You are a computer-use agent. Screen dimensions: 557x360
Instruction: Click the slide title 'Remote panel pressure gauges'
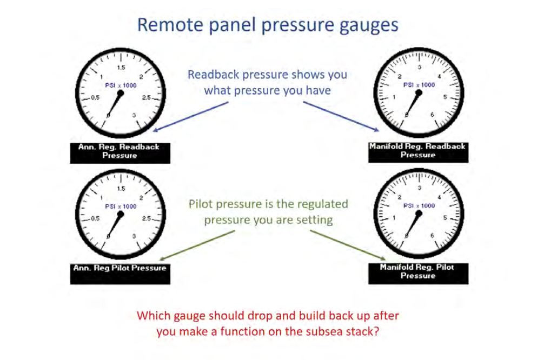point(268,25)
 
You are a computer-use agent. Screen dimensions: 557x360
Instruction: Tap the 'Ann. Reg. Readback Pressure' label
point(120,153)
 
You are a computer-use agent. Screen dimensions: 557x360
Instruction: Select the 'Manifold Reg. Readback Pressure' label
point(418,152)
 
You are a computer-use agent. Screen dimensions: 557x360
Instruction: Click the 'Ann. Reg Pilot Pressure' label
point(120,274)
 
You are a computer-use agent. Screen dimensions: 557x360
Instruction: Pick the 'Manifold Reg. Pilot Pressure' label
point(418,274)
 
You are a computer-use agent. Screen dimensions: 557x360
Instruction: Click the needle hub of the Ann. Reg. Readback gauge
point(121,94)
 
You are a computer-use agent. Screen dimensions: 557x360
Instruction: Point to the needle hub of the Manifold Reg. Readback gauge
point(419,93)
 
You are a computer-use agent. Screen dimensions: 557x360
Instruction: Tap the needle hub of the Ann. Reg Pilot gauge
point(121,215)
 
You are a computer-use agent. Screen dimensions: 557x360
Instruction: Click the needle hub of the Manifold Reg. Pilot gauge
point(419,214)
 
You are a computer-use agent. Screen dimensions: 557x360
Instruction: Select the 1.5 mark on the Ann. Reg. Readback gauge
point(121,68)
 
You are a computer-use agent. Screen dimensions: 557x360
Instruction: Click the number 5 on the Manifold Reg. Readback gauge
point(445,97)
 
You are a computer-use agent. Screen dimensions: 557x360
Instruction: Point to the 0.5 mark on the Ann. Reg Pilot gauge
point(95,218)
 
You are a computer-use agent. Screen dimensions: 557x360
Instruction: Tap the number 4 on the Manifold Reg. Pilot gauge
point(440,197)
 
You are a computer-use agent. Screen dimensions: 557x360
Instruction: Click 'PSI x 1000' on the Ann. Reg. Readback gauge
point(121,85)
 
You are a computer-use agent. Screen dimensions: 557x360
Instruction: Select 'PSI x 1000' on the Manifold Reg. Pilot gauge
point(419,205)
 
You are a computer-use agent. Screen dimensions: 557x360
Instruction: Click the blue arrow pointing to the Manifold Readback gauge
point(341,116)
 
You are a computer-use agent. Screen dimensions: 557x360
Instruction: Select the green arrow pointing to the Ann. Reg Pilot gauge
point(197,245)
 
